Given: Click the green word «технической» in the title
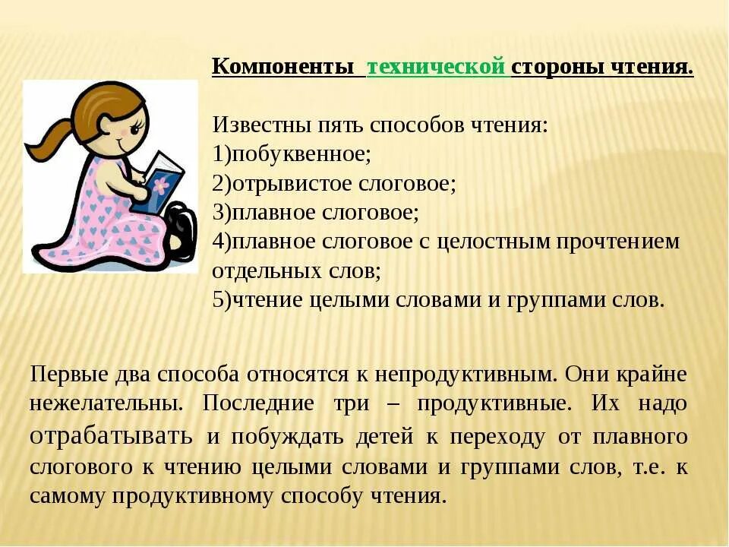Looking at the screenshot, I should pos(435,67).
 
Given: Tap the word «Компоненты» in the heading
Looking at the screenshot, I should pos(282,67).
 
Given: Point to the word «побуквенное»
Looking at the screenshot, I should pos(301,154).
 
